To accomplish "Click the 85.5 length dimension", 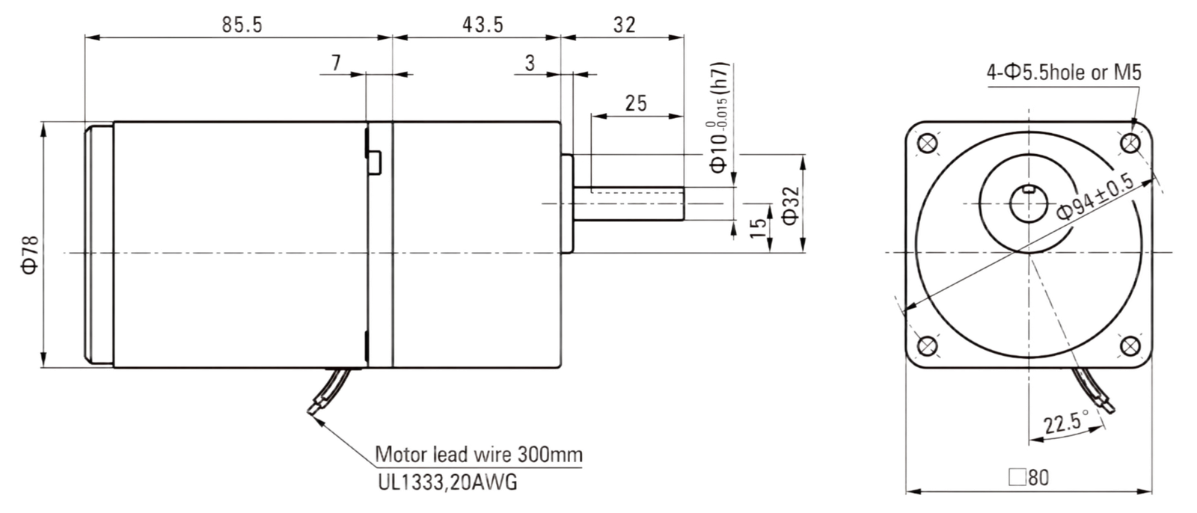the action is tap(242, 25).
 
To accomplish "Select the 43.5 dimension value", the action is tap(483, 25).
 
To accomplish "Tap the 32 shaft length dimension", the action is tap(624, 25).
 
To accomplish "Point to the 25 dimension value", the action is tap(636, 103).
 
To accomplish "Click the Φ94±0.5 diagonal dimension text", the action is tap(1095, 196).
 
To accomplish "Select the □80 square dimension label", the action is tap(1029, 477).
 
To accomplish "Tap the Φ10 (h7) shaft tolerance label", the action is tap(719, 118).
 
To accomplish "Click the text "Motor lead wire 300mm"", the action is tap(479, 455).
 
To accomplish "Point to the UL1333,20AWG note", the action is tap(447, 482).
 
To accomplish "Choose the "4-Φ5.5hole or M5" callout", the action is tap(1064, 72).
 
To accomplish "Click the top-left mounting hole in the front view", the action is tap(927, 144).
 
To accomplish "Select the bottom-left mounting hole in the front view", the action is tap(927, 346).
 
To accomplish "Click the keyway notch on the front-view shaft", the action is tap(1029, 188).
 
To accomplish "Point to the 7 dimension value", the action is tap(336, 63).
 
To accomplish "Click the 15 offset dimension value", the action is tap(758, 230).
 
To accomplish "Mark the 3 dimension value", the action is tap(530, 63).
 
